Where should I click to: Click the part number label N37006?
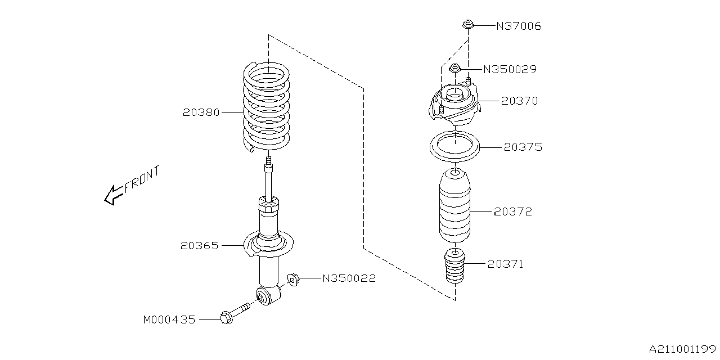[x=518, y=26]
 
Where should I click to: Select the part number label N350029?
[x=510, y=70]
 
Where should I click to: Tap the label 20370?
[x=519, y=101]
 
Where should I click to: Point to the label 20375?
[x=523, y=147]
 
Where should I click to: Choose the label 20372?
[x=512, y=212]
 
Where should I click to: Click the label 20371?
[x=505, y=264]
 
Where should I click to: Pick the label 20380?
[x=201, y=112]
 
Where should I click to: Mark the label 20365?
[x=199, y=246]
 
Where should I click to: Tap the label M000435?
[x=169, y=320]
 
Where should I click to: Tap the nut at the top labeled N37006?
[x=467, y=24]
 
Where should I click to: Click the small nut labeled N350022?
[x=292, y=278]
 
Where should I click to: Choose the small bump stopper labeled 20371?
[x=454, y=265]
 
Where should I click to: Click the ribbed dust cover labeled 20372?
[x=454, y=209]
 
